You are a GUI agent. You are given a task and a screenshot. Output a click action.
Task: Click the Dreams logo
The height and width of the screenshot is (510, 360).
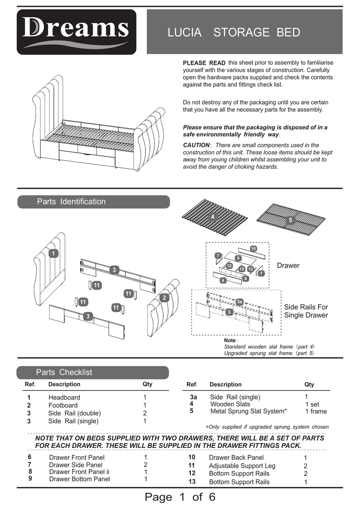pyautogui.click(x=76, y=32)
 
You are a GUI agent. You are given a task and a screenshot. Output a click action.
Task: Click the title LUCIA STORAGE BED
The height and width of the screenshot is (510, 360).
pyautogui.click(x=233, y=33)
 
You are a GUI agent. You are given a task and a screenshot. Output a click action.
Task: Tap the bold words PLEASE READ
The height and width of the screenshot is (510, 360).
pyautogui.click(x=204, y=63)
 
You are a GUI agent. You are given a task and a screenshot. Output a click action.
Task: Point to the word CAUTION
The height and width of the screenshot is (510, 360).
pyautogui.click(x=196, y=145)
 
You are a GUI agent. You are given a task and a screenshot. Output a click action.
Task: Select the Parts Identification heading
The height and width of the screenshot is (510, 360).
pyautogui.click(x=71, y=202)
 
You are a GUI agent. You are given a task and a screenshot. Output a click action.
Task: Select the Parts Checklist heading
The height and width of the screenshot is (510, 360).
pyautogui.click(x=64, y=373)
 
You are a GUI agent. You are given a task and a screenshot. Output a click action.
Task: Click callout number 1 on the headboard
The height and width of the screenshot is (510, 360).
pyautogui.click(x=53, y=254)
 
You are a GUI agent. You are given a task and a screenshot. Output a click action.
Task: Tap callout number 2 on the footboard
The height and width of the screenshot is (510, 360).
pyautogui.click(x=164, y=298)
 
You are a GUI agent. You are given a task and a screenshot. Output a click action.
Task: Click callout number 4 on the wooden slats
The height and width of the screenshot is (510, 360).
pyautogui.click(x=213, y=217)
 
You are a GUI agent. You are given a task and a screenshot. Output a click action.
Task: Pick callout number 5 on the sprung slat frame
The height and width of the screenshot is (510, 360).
pyautogui.click(x=291, y=220)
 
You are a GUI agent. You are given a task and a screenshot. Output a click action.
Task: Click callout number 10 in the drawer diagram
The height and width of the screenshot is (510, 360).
pyautogui.click(x=254, y=249)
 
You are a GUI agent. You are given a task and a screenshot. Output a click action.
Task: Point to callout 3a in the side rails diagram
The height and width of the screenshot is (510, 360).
pyautogui.click(x=239, y=302)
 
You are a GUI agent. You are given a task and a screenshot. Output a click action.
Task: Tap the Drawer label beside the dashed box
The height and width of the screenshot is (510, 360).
pyautogui.click(x=288, y=266)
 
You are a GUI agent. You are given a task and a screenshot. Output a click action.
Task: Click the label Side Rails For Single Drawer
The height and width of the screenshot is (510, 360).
pyautogui.click(x=306, y=311)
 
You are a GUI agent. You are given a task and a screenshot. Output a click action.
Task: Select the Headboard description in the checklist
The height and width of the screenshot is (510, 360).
pyautogui.click(x=64, y=398)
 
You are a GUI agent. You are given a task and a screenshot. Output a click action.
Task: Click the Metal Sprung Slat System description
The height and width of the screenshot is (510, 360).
pyautogui.click(x=248, y=411)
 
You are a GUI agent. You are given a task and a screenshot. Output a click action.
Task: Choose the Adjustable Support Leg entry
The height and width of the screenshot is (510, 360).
pyautogui.click(x=242, y=466)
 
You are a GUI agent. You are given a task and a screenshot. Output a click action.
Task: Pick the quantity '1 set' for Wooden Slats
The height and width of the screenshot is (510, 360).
pyautogui.click(x=312, y=404)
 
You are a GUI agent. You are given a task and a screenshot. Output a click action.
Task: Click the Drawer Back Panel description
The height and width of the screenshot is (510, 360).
pyautogui.click(x=236, y=458)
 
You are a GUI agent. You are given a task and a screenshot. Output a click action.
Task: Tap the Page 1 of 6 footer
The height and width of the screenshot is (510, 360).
pyautogui.click(x=180, y=497)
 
